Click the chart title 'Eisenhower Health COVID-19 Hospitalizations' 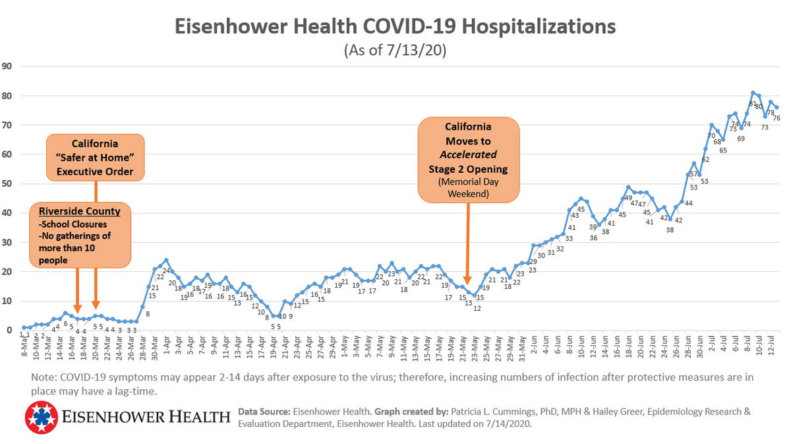395,27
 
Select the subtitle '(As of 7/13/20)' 395,51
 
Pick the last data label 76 776,118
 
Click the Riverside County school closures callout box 80,236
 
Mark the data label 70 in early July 711,135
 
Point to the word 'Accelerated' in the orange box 468,154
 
